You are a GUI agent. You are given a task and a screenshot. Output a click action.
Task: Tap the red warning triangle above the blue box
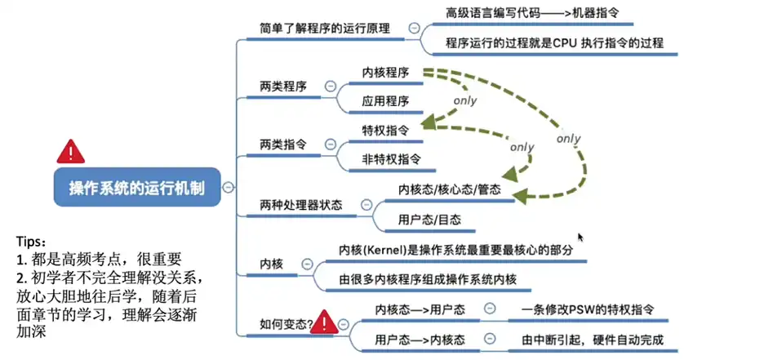tap(70, 151)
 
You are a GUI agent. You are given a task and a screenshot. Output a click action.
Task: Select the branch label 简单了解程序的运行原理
tap(324, 28)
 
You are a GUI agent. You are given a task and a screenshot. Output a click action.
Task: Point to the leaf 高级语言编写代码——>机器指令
tap(539, 13)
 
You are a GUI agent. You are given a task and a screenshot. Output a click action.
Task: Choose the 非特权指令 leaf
tap(392, 158)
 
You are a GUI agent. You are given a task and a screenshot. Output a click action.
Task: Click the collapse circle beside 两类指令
tap(331, 144)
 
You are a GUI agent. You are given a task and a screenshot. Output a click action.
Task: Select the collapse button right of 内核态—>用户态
tap(490, 309)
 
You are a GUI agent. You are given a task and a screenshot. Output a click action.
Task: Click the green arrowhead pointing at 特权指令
tap(428, 127)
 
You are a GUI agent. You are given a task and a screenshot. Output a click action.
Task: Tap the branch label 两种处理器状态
tap(300, 204)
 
